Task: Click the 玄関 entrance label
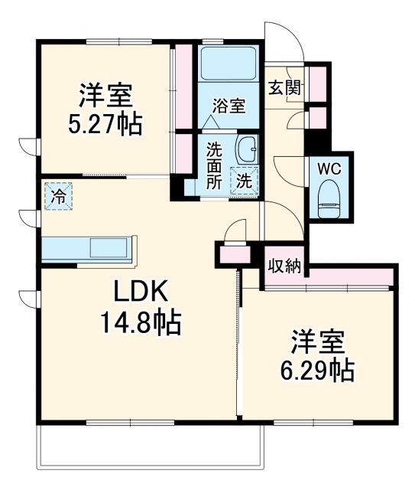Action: point(284,87)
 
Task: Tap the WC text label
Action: point(329,165)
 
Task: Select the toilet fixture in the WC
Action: point(329,194)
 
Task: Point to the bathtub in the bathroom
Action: point(229,64)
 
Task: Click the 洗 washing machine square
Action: point(245,181)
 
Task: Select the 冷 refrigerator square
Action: point(58,196)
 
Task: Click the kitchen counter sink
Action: point(110,248)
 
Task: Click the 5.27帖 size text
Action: point(105,125)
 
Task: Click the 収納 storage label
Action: point(284,266)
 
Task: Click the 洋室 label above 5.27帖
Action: point(105,96)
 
